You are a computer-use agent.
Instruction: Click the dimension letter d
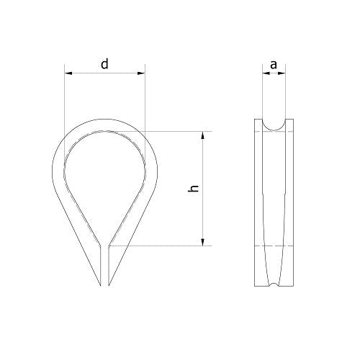pos(105,64)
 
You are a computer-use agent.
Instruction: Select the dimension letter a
pos(273,65)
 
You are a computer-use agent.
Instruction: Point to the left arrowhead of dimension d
pos(67,73)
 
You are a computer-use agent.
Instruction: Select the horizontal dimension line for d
pos(122,73)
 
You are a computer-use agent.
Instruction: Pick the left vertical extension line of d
pos(64,108)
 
